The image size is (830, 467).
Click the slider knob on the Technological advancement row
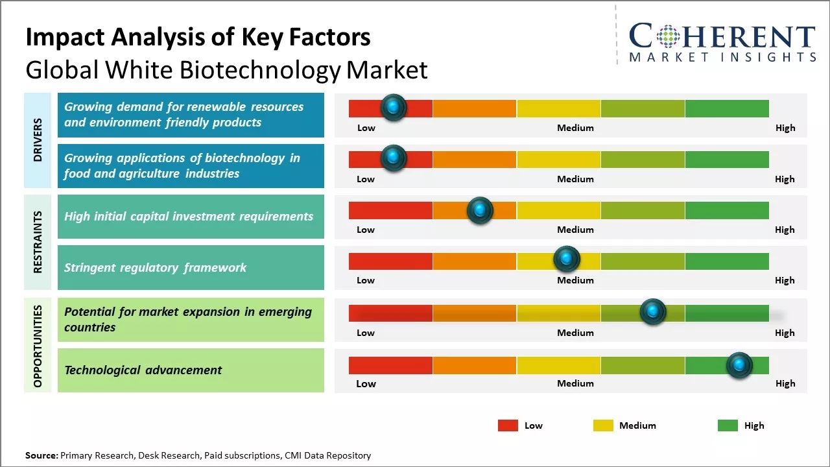[739, 365]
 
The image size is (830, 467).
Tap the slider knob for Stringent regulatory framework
[567, 259]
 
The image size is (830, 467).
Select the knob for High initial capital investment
[480, 210]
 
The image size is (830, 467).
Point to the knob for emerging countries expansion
[653, 312]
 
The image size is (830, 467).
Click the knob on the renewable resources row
[394, 108]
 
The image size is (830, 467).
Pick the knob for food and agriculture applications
[394, 158]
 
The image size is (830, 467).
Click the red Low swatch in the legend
[508, 425]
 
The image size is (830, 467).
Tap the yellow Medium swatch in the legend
[603, 425]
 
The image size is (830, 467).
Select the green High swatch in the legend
[728, 425]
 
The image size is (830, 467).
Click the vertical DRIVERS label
[38, 140]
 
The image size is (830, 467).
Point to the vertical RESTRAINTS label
[38, 242]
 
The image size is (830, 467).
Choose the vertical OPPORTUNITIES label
[38, 346]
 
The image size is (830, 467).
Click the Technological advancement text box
[191, 370]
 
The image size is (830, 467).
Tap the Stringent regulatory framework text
[156, 267]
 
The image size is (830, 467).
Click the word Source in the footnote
[41, 456]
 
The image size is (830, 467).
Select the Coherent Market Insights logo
[722, 43]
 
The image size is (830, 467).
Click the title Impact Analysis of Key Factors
[198, 38]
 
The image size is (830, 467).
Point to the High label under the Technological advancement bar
[785, 383]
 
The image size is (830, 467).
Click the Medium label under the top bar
[575, 128]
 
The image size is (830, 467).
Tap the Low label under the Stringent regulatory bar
[366, 280]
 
